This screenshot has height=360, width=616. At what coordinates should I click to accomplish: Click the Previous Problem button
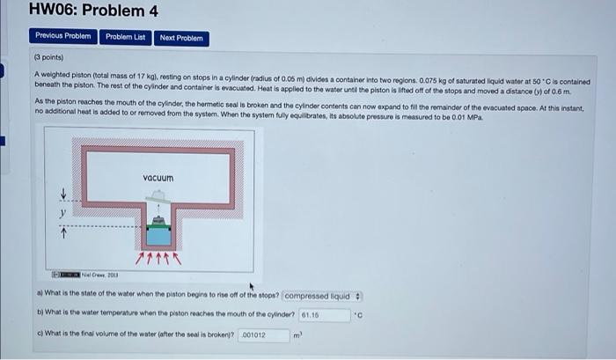[62, 37]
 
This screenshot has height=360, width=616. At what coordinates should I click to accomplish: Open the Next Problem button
[181, 38]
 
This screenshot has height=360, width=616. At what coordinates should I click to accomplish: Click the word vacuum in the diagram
[158, 179]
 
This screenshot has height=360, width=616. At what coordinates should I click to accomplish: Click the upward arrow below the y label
[62, 232]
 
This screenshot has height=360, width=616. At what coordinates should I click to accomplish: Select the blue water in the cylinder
[158, 235]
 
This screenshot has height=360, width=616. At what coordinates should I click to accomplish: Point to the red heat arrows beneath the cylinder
[158, 259]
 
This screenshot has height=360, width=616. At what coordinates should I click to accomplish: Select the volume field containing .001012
[264, 335]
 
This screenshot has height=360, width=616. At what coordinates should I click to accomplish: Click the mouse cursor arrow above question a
[253, 286]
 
